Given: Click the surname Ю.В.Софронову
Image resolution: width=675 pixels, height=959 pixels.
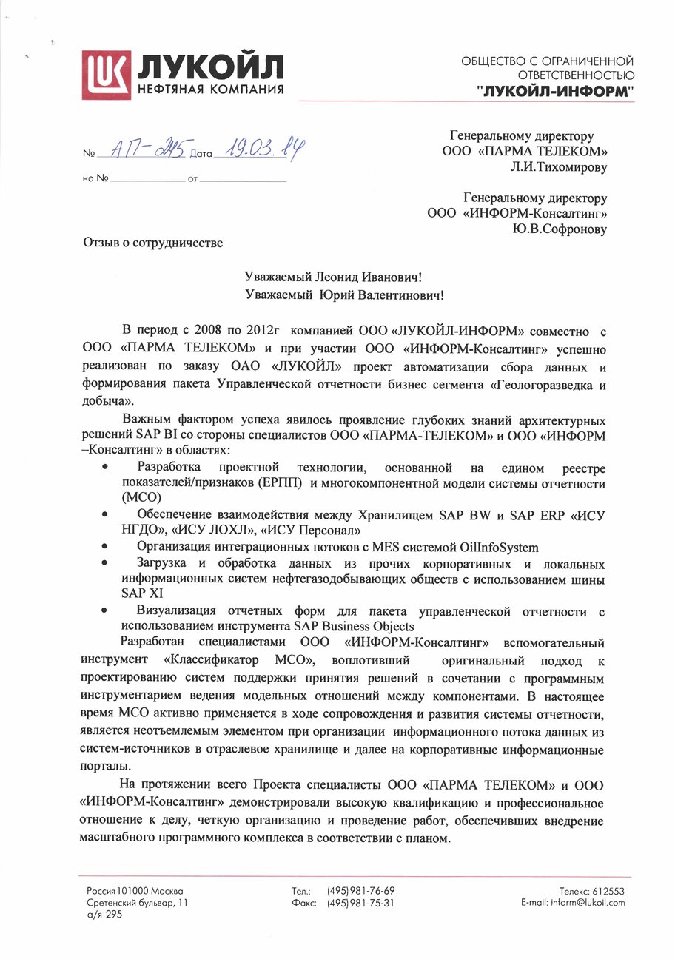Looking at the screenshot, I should coord(559,229).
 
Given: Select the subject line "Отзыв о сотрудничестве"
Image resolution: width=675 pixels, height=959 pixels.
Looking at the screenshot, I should coord(152,241).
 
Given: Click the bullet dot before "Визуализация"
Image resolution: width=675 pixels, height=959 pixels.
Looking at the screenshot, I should coord(107,611).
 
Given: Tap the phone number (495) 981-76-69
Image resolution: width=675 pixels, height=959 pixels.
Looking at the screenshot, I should coord(360,891).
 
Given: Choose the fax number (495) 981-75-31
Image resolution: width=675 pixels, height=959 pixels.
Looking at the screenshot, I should coord(360,903).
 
